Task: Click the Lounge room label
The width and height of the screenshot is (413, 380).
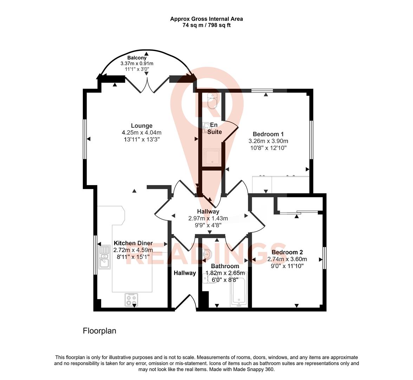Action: click(x=142, y=126)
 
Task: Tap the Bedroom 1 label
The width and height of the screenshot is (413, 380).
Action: click(x=268, y=134)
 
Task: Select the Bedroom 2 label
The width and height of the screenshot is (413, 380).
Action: click(x=287, y=252)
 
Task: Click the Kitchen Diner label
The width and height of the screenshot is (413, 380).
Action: click(x=133, y=243)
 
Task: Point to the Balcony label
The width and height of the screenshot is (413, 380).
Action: click(x=137, y=58)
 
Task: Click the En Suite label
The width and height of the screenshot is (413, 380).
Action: click(x=214, y=128)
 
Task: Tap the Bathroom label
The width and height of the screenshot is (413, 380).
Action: click(x=225, y=266)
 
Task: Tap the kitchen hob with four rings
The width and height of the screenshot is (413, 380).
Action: click(x=131, y=299)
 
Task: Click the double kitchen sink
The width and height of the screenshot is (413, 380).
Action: click(x=104, y=256)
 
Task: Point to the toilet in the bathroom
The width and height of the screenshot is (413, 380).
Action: click(x=211, y=279)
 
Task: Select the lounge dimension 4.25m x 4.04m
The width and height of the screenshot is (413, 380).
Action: click(x=142, y=133)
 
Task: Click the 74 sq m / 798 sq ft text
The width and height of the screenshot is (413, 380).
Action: click(x=206, y=25)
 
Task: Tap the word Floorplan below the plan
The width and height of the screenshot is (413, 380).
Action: click(x=99, y=331)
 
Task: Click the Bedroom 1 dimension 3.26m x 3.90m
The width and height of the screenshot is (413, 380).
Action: click(x=268, y=141)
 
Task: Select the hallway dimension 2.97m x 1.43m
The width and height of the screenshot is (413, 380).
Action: click(x=208, y=218)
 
